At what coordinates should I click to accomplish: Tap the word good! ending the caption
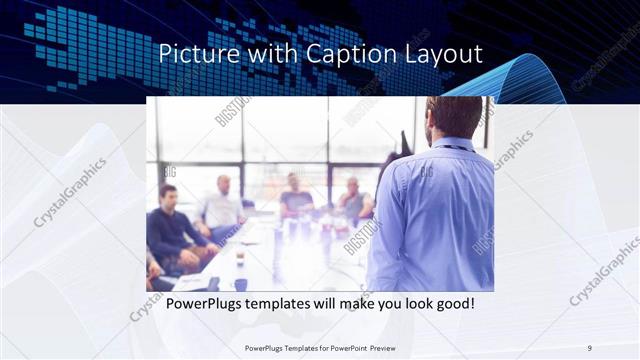(x=453, y=303)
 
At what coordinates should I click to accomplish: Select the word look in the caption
(x=408, y=303)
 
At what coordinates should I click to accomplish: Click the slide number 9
(x=590, y=347)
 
